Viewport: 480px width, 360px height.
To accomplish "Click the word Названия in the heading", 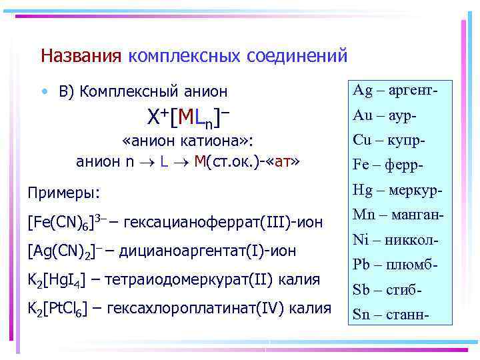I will click(81, 55).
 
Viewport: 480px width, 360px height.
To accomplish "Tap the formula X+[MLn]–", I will click(188, 118).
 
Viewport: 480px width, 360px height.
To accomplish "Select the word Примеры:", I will click(63, 193).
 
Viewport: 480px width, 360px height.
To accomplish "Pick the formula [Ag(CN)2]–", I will click(64, 251).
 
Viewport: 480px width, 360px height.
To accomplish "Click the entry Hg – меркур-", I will click(397, 190).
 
